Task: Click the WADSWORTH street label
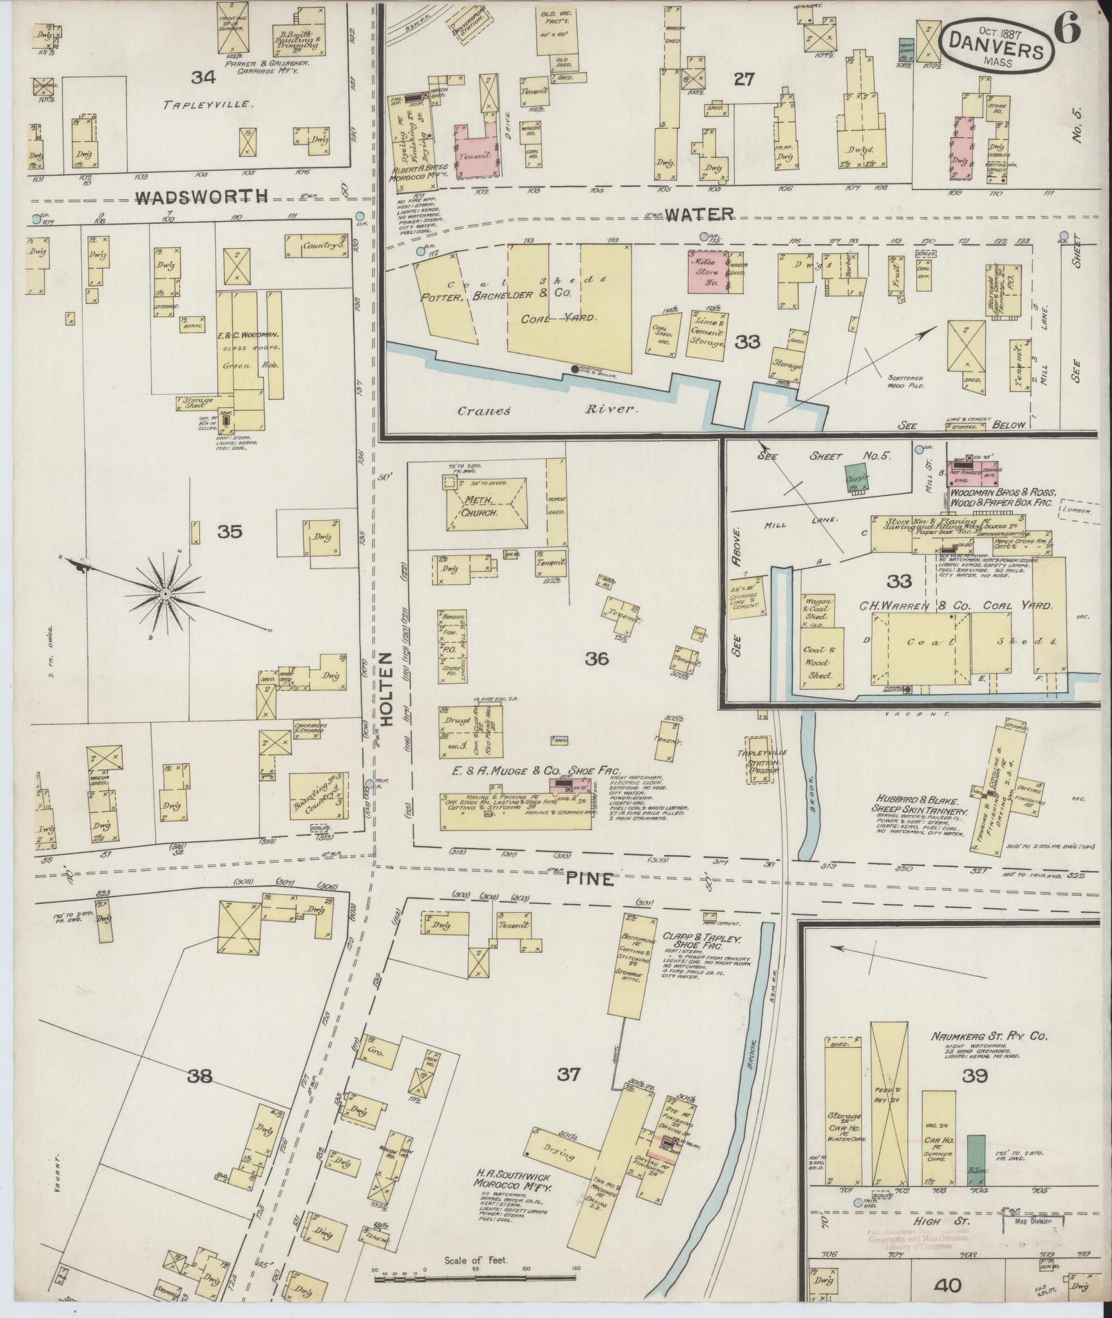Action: [201, 198]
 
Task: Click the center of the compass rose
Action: [165, 593]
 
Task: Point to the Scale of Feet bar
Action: [476, 1278]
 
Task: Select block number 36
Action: [596, 659]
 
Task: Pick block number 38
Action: [201, 1075]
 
